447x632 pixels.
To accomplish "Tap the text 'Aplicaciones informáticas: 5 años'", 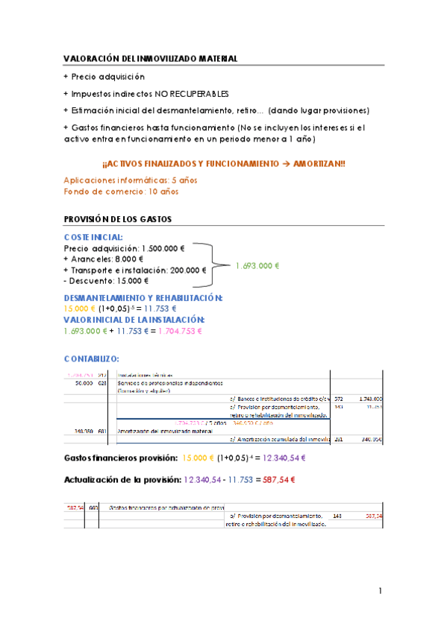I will pyautogui.click(x=120, y=180).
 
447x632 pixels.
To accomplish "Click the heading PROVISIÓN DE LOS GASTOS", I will pyautogui.click(x=118, y=219).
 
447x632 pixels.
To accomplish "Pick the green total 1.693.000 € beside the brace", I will pyautogui.click(x=257, y=265).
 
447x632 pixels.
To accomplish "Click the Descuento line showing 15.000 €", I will pyautogui.click(x=106, y=281).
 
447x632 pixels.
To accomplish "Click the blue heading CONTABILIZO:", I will pyautogui.click(x=91, y=358).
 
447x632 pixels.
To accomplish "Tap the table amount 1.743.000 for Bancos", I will pyautogui.click(x=370, y=399).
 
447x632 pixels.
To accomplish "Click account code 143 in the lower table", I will pyautogui.click(x=338, y=515).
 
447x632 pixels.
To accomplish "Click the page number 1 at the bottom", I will pyautogui.click(x=380, y=592).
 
